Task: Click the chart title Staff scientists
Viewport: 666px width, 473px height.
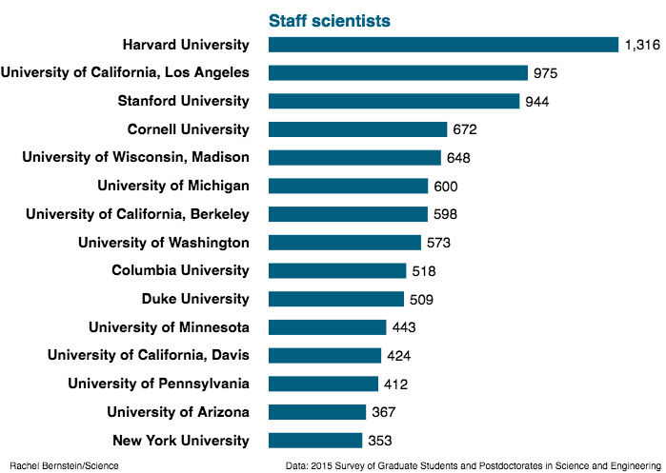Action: coord(329,20)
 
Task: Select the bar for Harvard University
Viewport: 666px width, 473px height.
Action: coord(444,45)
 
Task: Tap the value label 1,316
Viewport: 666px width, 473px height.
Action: coord(644,45)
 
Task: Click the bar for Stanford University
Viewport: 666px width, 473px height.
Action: coord(394,101)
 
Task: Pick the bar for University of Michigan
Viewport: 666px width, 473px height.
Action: coord(348,186)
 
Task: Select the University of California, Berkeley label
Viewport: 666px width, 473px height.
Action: coord(137,214)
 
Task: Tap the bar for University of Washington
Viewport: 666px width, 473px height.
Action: coord(344,243)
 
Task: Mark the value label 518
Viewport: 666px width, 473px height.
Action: coord(423,271)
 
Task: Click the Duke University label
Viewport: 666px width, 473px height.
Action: coord(195,299)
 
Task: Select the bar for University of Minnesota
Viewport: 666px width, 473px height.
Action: coord(327,327)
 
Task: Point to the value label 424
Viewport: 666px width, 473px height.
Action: coord(411,356)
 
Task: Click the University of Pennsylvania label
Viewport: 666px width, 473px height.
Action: coord(158,384)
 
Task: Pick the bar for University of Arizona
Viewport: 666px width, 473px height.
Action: coord(317,412)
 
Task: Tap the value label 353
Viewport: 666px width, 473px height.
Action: coord(380,441)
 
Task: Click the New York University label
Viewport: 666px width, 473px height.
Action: coord(181,441)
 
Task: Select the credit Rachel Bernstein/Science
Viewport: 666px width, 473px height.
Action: coord(64,465)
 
